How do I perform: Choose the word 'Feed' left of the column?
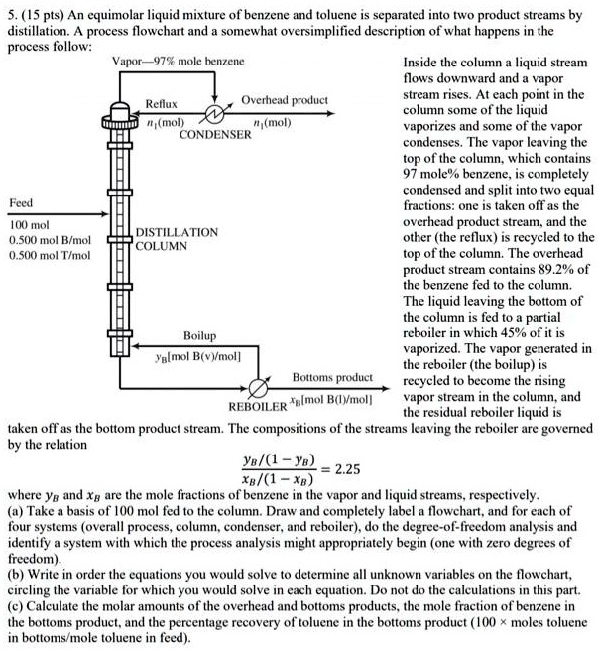click(x=21, y=202)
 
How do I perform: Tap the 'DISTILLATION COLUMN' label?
click(x=177, y=238)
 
